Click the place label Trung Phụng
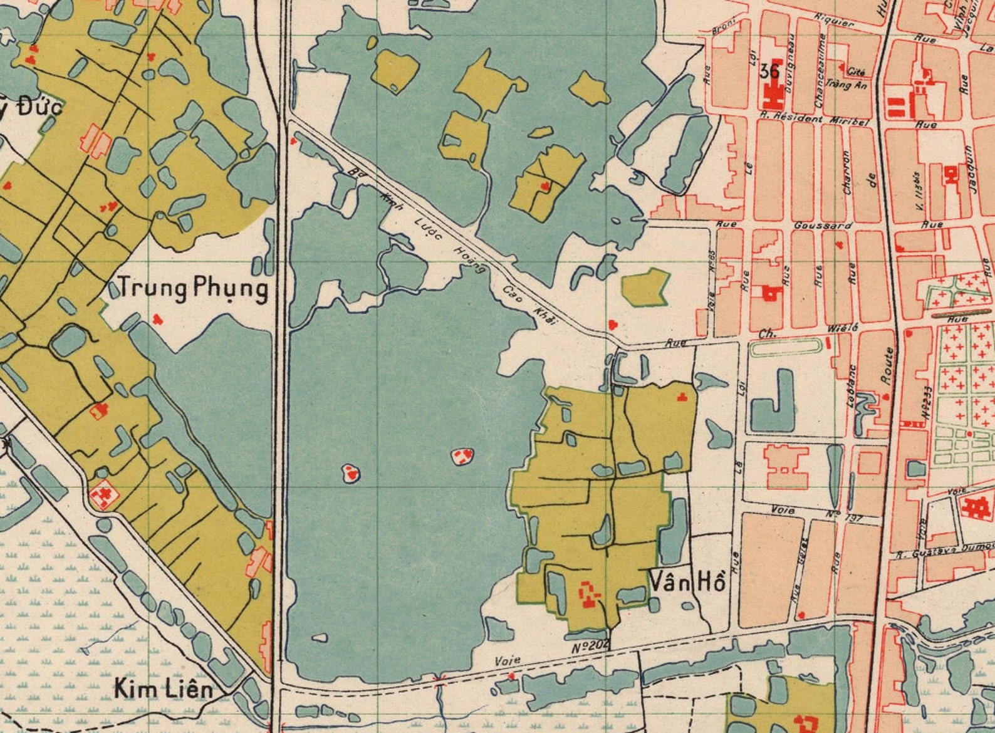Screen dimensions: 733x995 [192, 289]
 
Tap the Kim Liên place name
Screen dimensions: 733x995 [162, 690]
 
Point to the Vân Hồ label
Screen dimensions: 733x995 [687, 582]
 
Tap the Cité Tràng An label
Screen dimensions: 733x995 [848, 77]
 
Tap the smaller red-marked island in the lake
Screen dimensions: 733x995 [351, 473]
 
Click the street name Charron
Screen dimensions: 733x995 [847, 171]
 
